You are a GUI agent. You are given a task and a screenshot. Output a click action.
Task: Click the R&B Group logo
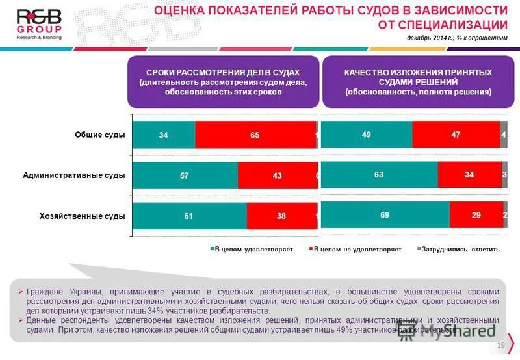pyautogui.click(x=38, y=25)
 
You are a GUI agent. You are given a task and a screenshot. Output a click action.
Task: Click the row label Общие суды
pyautogui.click(x=99, y=135)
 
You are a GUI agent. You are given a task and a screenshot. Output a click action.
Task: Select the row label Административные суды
pyautogui.click(x=73, y=175)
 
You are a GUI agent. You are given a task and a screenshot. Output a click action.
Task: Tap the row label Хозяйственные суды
pyautogui.click(x=82, y=216)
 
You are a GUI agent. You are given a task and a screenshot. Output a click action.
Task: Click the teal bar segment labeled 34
pyautogui.click(x=164, y=135)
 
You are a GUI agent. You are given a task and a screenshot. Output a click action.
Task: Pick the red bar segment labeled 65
pyautogui.click(x=255, y=135)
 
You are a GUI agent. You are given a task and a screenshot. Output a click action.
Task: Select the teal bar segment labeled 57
pyautogui.click(x=185, y=175)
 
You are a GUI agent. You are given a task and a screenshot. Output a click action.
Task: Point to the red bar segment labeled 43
pyautogui.click(x=277, y=175)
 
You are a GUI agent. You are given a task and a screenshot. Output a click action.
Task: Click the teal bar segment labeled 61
pyautogui.click(x=189, y=216)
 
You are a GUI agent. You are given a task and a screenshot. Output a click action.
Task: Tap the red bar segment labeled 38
pyautogui.click(x=281, y=216)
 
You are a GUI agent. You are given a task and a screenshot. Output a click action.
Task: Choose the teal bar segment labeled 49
pyautogui.click(x=367, y=135)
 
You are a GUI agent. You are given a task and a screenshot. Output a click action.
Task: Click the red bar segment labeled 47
pyautogui.click(x=456, y=135)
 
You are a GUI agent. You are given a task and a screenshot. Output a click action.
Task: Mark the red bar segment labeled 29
pyautogui.click(x=476, y=214)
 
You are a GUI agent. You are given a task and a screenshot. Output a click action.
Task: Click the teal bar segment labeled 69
pyautogui.click(x=385, y=214)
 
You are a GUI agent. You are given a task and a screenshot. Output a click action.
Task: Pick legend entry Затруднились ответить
pyautogui.click(x=460, y=250)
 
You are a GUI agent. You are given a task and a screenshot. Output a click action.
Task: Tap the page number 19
pyautogui.click(x=500, y=345)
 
